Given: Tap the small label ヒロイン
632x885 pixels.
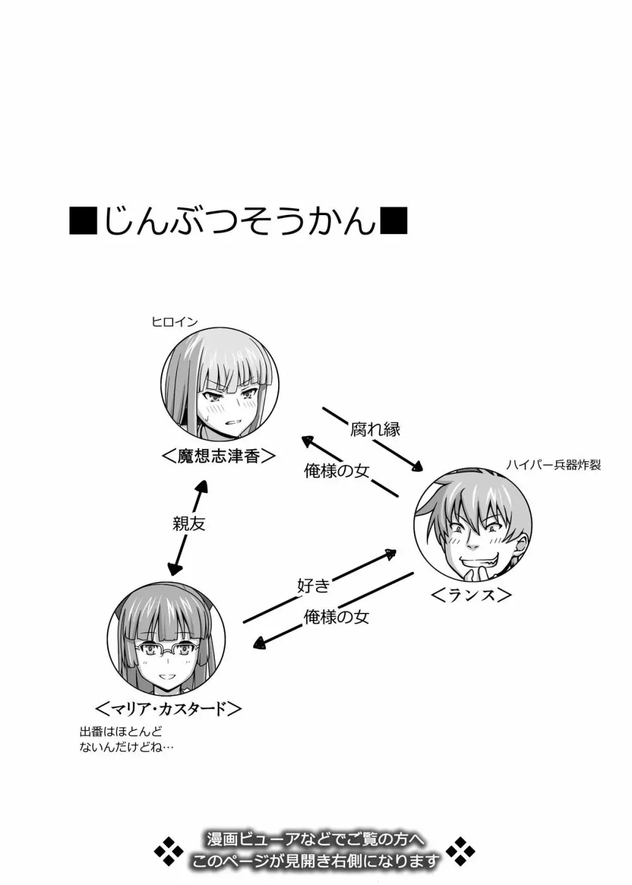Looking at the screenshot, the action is tap(175, 323).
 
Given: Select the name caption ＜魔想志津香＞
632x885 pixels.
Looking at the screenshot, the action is tap(218, 456).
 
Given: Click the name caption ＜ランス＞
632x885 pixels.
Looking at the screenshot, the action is tap(471, 595).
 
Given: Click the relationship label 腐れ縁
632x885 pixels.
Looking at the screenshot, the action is tap(375, 429).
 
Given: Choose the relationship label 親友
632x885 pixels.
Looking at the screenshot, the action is tap(189, 524).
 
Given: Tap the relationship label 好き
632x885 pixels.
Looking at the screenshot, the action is tap(313, 586).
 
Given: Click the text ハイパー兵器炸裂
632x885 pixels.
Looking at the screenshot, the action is tap(554, 466).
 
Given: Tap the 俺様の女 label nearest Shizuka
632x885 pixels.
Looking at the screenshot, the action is tap(337, 471).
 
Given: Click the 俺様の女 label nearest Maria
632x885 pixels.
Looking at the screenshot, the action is tap(336, 617).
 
